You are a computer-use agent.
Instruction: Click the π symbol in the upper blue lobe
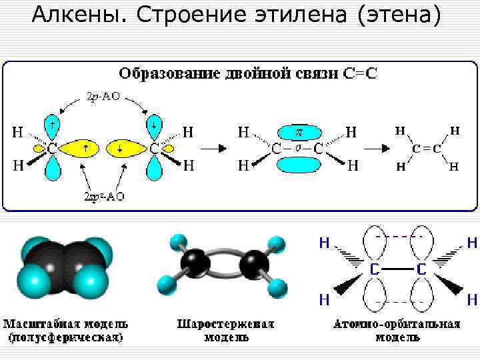point(299,132)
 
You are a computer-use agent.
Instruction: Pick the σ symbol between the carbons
point(299,147)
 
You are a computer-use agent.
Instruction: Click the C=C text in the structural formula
point(426,149)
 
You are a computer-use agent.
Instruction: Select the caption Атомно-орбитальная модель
point(397,331)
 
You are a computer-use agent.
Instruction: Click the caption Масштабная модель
point(66,331)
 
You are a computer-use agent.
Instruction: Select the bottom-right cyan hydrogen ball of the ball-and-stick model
point(277,288)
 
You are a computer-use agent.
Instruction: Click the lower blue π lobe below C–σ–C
point(299,165)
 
